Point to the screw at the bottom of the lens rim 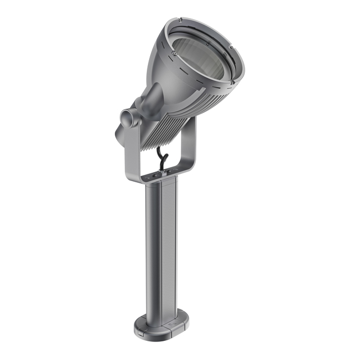[231, 83]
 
